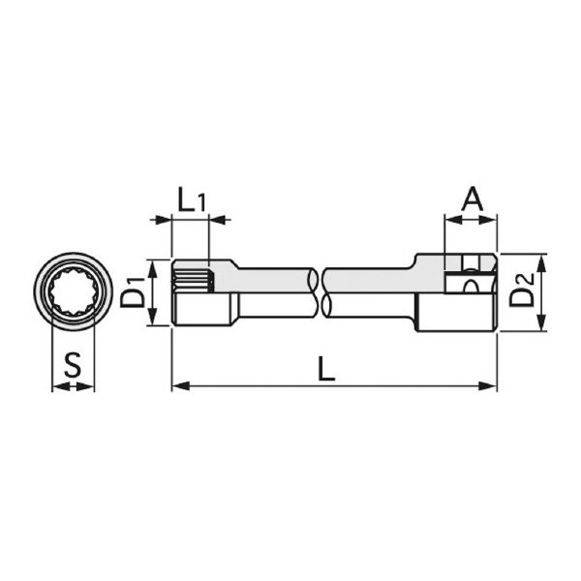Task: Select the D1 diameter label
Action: [134, 292]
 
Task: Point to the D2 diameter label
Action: [523, 291]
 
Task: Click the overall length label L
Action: [327, 368]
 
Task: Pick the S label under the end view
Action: [72, 366]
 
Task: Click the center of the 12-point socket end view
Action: [73, 291]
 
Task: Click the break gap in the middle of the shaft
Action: [320, 291]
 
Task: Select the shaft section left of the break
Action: [271, 291]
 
